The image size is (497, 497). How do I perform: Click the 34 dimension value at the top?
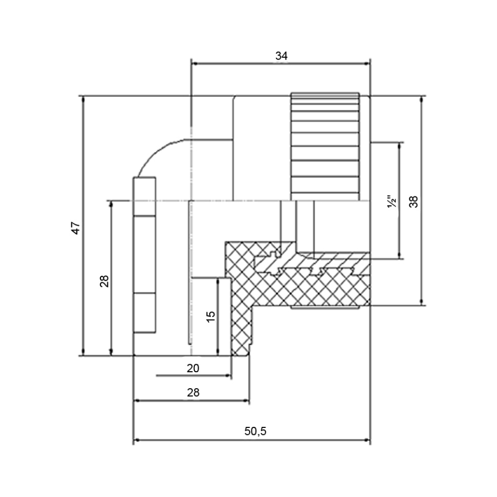click(281, 56)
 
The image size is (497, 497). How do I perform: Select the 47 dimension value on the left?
click(76, 228)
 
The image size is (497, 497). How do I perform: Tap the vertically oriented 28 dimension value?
click(104, 281)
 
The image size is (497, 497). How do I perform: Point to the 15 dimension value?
click(210, 316)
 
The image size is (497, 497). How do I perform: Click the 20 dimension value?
click(193, 368)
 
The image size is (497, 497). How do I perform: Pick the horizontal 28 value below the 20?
click(193, 393)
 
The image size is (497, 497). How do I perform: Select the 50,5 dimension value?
click(255, 431)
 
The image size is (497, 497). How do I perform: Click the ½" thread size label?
click(392, 202)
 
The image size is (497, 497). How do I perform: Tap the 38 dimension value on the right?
click(414, 202)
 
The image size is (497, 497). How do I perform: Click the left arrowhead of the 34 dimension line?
click(195, 64)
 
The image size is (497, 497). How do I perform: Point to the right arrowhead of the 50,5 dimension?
click(367, 440)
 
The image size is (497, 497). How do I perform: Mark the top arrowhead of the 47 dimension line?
click(83, 99)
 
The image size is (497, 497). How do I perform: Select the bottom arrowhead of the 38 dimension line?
click(421, 301)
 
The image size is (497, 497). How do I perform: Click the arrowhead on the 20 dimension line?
click(228, 376)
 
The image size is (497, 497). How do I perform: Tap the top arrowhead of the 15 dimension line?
click(218, 282)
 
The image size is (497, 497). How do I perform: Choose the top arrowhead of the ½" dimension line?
click(400, 146)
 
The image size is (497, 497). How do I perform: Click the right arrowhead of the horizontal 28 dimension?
click(246, 401)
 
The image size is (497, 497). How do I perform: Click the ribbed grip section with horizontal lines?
click(325, 147)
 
